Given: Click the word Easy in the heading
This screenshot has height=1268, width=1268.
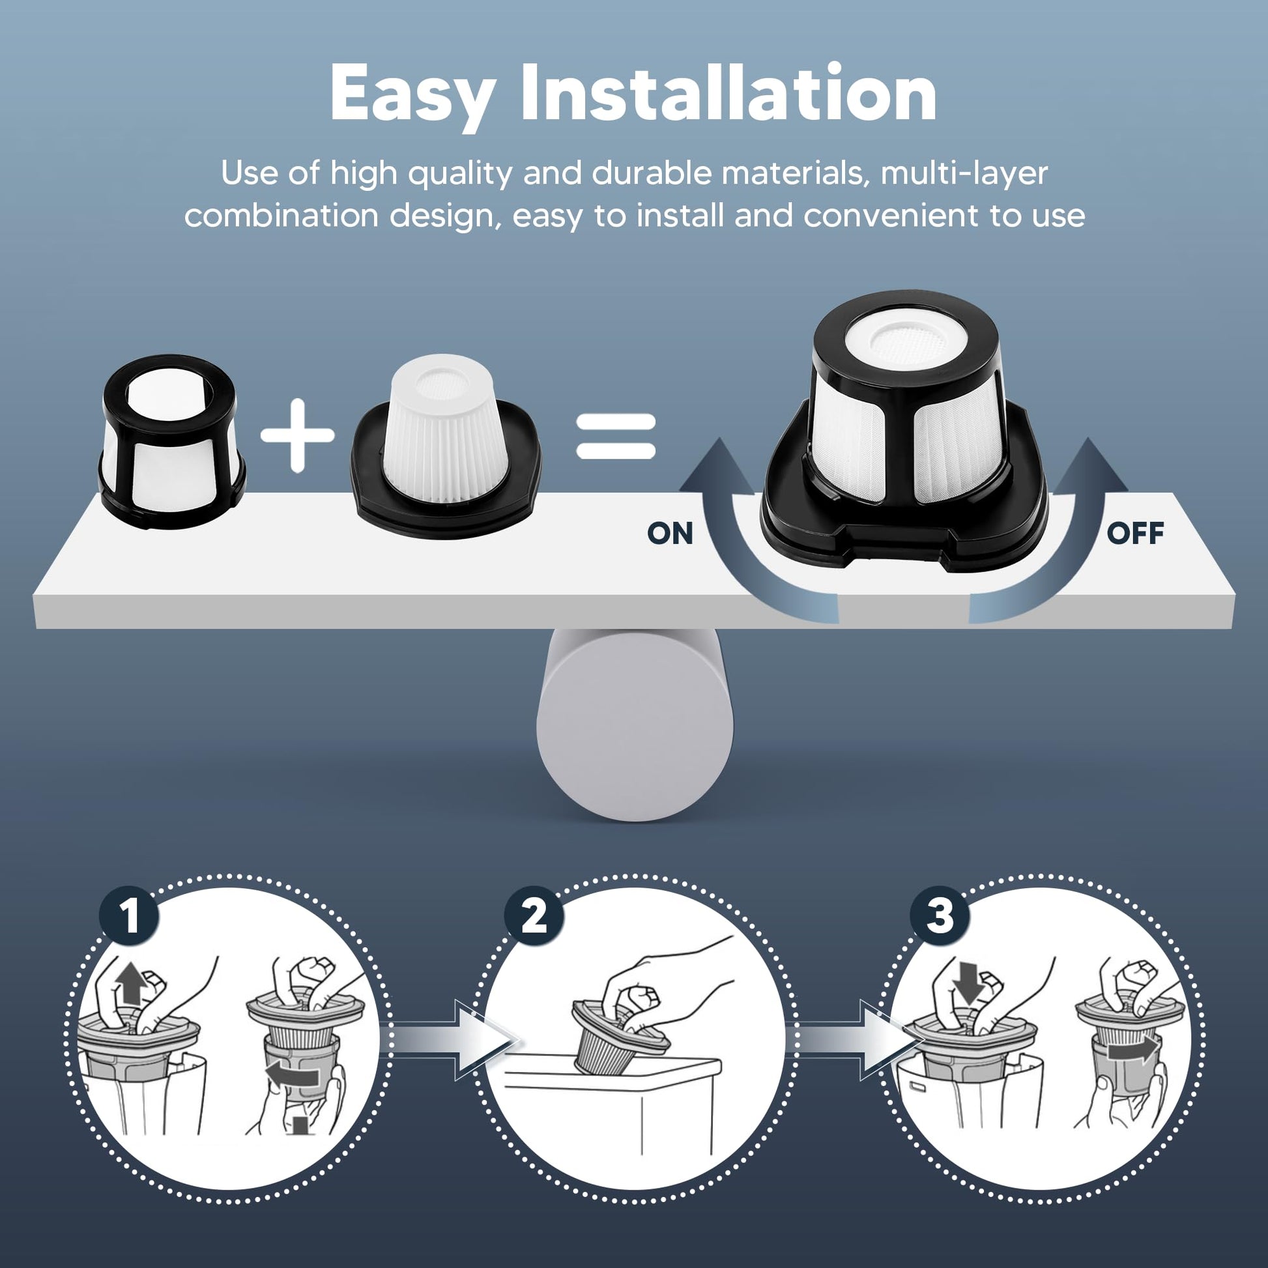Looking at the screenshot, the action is tap(412, 96).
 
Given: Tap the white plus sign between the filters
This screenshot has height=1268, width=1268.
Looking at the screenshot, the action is tap(298, 435).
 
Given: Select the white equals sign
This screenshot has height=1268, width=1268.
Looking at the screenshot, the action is tap(616, 436).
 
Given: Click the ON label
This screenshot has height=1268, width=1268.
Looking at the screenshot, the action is tap(669, 534).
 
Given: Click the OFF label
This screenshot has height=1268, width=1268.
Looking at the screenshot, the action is tap(1135, 533).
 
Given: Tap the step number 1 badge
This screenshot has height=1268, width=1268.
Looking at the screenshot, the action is tap(129, 915).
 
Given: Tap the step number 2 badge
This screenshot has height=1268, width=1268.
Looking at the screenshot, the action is tap(534, 915).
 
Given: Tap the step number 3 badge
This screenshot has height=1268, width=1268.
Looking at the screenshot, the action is tap(940, 915).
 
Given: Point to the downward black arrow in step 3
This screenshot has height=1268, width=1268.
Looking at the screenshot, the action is tap(968, 982).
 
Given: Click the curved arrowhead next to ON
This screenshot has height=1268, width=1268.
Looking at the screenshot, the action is tap(717, 467).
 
